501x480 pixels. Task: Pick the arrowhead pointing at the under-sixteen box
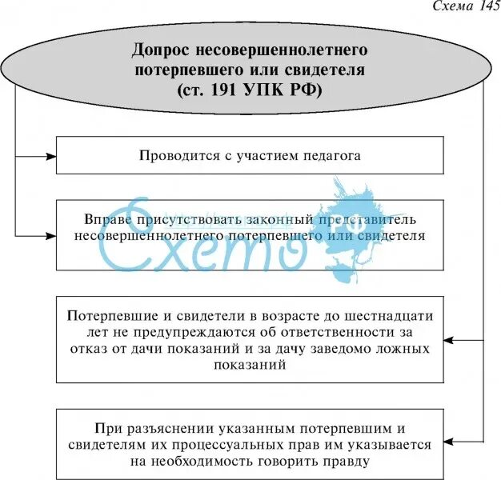pyautogui.click(x=451, y=340)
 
